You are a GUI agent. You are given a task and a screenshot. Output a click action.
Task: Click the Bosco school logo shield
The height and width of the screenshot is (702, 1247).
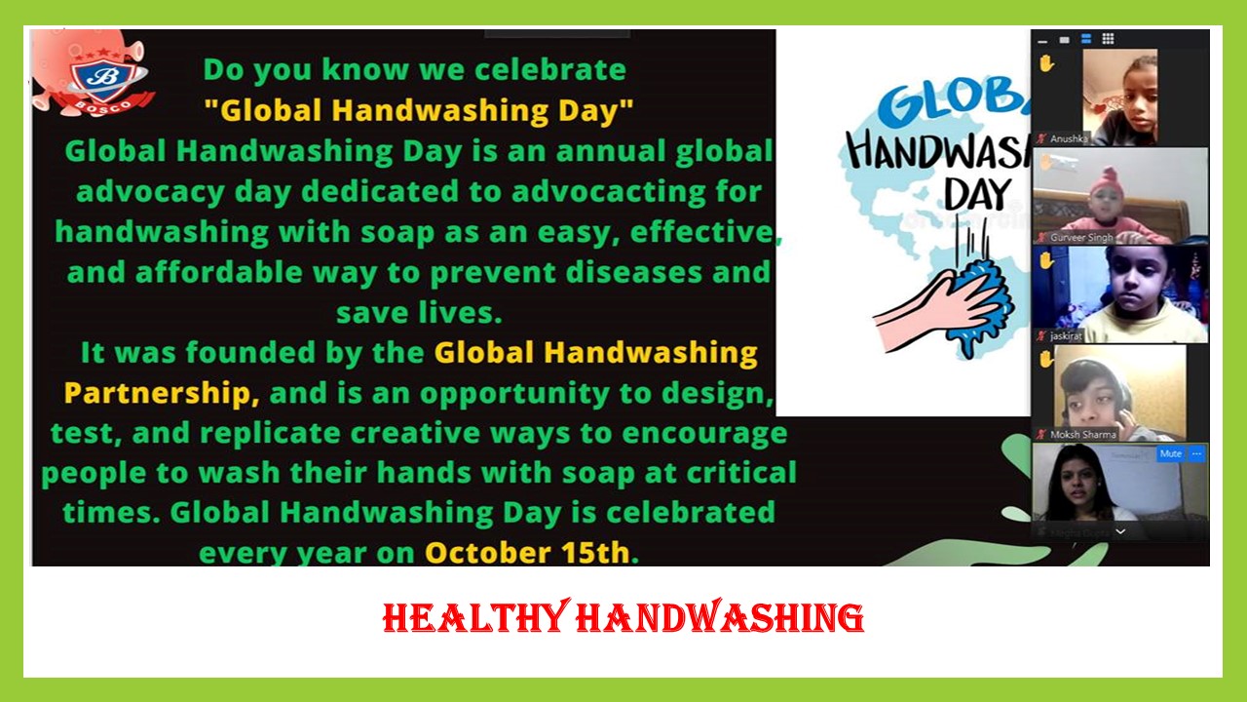coord(103,79)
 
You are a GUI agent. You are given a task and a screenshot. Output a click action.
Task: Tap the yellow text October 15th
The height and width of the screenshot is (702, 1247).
coord(527,553)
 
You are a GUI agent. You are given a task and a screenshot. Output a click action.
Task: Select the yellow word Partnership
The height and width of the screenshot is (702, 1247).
coord(158,393)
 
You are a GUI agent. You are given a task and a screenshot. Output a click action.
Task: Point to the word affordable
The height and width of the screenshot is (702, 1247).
coord(219,272)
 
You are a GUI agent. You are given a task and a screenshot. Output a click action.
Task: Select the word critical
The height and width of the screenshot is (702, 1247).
coord(741,473)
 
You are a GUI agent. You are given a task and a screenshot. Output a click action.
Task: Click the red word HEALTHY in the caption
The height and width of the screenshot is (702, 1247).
coord(477,617)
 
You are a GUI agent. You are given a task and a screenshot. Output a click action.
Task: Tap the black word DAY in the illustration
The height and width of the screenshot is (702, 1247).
coord(976,194)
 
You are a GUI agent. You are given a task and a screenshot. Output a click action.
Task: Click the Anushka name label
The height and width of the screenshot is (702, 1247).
coord(1069,138)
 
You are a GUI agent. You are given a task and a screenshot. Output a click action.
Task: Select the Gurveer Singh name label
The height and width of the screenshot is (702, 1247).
coord(1081,237)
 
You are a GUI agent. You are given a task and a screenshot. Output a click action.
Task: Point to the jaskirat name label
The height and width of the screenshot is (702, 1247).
coord(1066,336)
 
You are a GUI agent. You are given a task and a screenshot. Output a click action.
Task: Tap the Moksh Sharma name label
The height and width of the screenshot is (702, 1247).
coord(1082,435)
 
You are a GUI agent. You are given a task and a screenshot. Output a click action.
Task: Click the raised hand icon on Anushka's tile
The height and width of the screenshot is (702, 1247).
coord(1046,63)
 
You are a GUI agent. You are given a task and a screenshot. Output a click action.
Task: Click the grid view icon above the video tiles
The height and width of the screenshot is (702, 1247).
coord(1108,38)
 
